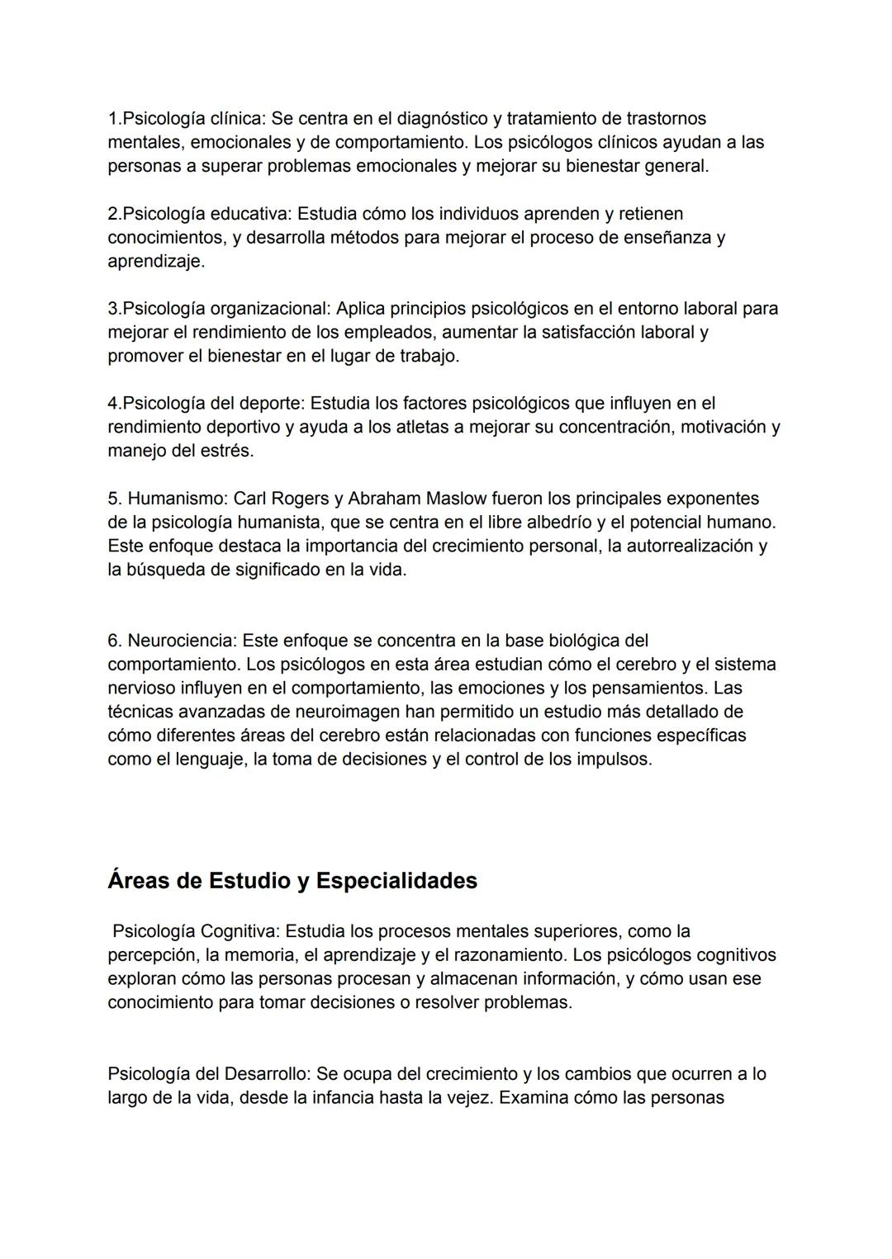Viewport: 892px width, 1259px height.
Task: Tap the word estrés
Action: (x=226, y=452)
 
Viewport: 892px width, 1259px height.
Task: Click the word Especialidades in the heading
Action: (x=396, y=881)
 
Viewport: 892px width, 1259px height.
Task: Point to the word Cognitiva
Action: (x=238, y=932)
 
